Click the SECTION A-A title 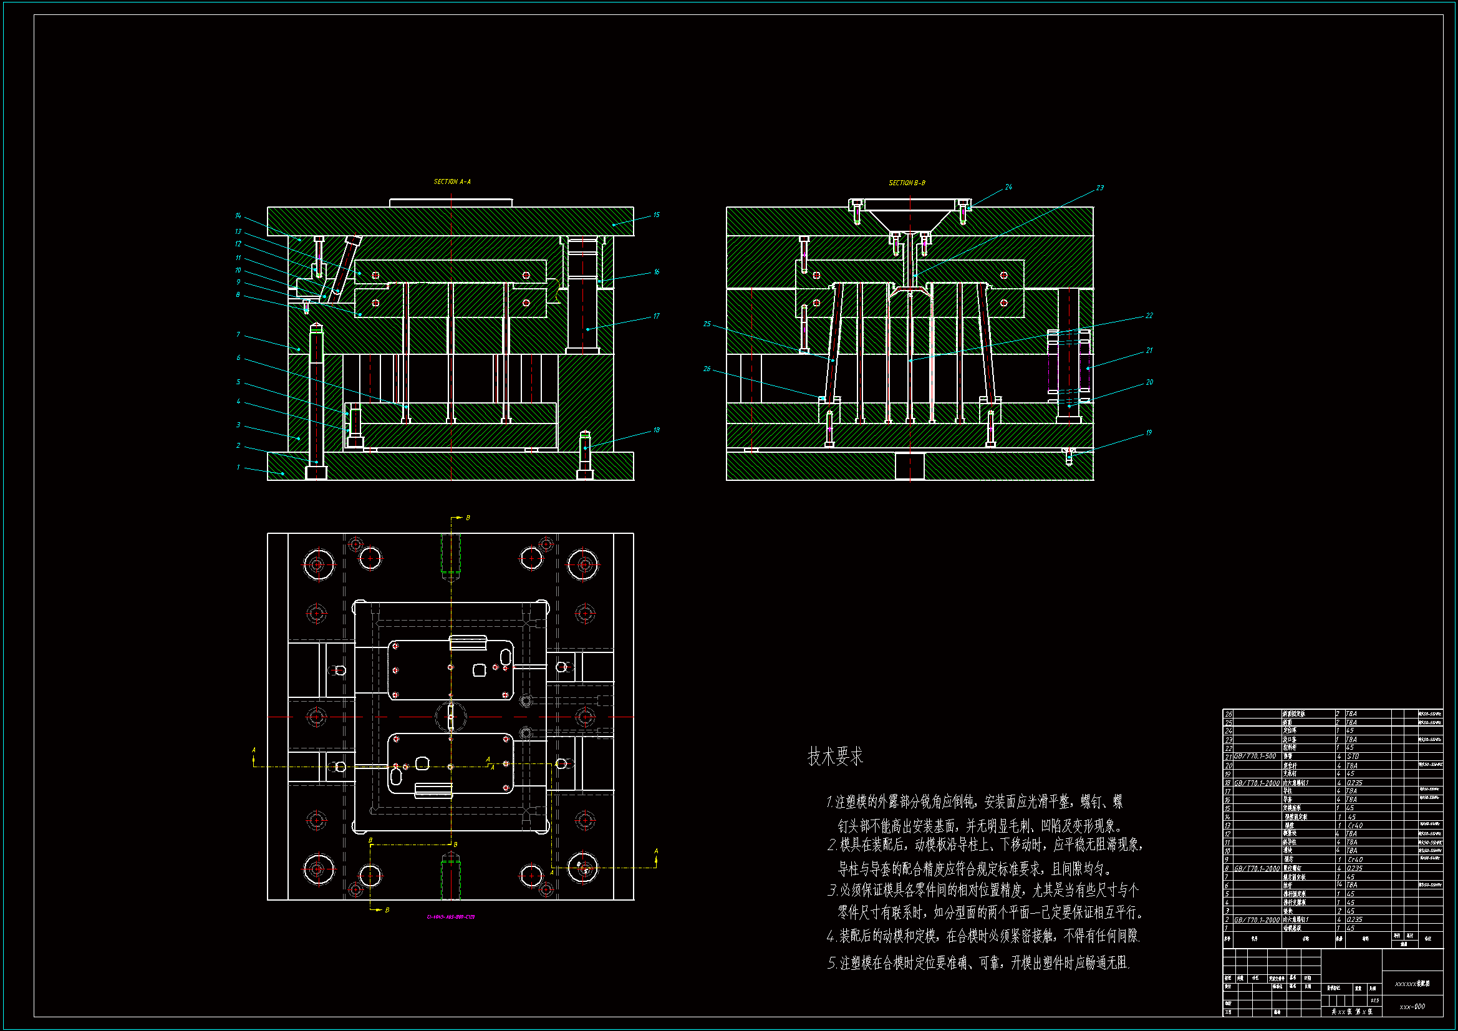click(x=452, y=182)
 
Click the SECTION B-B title click(x=906, y=183)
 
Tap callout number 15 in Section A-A click(x=656, y=215)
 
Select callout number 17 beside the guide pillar click(x=656, y=316)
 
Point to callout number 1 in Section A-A click(x=238, y=468)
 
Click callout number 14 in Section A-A click(x=238, y=216)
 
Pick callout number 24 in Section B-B click(x=1008, y=186)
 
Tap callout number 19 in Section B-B click(x=1148, y=433)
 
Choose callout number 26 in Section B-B click(x=707, y=369)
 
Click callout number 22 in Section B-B click(x=1149, y=316)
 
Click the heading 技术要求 click(x=835, y=757)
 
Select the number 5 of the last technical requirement click(x=831, y=964)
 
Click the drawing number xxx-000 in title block click(x=1412, y=1006)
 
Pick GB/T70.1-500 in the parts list click(x=1255, y=756)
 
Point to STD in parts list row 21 click(x=1353, y=757)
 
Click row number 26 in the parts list click(x=1229, y=714)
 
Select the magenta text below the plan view click(x=450, y=917)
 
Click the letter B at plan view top click(x=468, y=518)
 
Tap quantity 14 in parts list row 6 click(x=1340, y=884)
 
